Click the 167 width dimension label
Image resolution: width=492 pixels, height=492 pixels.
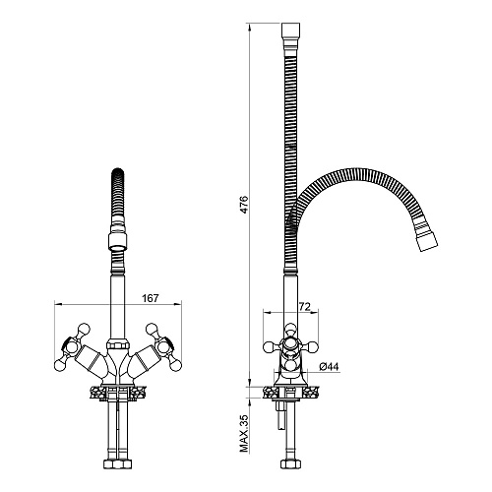point(151,298)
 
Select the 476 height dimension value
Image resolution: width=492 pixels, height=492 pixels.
point(244,205)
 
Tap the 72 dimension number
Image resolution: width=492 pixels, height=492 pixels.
point(304,307)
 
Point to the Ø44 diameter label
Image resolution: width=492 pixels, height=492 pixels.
point(329,366)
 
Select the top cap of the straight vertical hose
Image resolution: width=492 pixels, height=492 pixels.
point(290,31)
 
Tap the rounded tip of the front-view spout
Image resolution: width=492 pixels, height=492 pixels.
point(118,172)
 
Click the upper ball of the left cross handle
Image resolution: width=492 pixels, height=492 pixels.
point(84,329)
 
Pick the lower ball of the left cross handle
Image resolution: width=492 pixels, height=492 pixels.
point(59,365)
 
